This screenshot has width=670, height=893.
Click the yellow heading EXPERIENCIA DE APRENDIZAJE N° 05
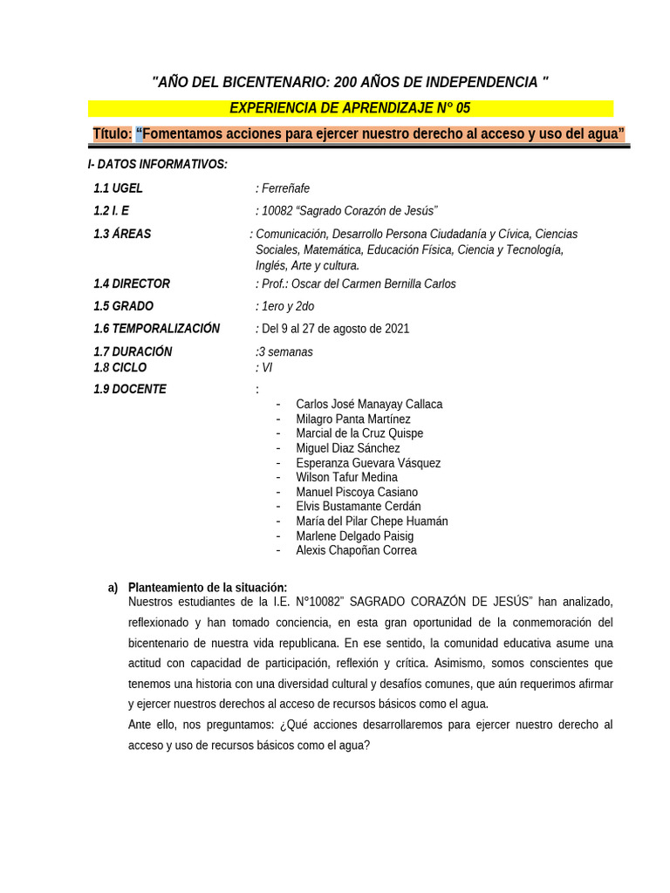coord(350,108)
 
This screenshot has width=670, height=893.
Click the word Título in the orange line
coord(112,133)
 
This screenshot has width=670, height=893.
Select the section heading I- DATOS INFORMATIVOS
coord(157,164)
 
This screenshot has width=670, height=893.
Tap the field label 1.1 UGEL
coord(118,188)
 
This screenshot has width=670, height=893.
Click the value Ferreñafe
coord(284,188)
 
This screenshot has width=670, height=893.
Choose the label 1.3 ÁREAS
coord(122,234)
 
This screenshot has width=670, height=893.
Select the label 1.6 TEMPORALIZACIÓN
coord(156,329)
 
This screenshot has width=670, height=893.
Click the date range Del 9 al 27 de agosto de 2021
coord(335,329)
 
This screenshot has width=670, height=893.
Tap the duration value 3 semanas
coord(285,352)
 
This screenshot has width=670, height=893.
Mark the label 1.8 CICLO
coord(120,367)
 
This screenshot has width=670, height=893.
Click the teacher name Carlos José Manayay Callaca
coord(369,405)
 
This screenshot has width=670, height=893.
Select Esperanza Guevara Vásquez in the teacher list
coord(368,463)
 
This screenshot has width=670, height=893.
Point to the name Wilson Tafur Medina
coord(346,478)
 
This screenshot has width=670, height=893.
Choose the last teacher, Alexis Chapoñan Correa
coord(356,551)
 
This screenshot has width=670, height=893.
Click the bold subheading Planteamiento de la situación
coord(207,588)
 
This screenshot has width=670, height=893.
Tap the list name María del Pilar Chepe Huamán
coord(372,521)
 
